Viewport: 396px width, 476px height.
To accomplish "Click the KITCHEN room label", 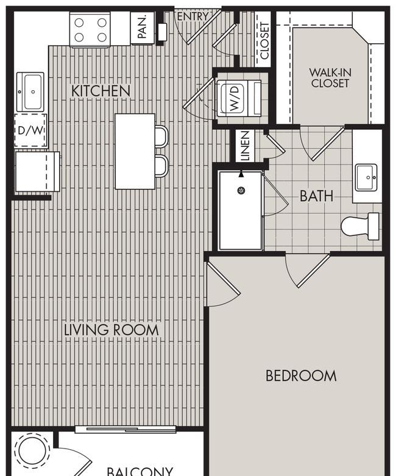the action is [x=101, y=91].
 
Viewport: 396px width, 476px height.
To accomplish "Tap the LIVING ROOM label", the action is [x=111, y=330].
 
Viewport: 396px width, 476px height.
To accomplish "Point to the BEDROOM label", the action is [x=301, y=376].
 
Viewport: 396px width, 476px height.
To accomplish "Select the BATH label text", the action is [x=317, y=196].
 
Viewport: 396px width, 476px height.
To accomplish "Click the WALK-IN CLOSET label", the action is [x=330, y=78].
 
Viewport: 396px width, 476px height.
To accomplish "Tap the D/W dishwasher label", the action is [x=30, y=130].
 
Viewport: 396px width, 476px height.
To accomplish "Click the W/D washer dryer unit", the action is [x=239, y=98].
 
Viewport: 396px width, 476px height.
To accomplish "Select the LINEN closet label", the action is [x=245, y=146].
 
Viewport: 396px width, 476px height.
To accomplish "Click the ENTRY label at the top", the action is [x=193, y=16].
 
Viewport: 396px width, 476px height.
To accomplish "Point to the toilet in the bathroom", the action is [x=360, y=226].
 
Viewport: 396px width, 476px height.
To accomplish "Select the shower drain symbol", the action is [x=241, y=191].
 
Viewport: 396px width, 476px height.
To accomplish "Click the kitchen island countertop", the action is [x=135, y=152].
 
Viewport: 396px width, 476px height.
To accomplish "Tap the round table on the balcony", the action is [x=31, y=451].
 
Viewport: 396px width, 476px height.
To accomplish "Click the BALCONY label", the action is [x=140, y=472].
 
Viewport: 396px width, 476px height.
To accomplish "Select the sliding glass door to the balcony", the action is [x=126, y=429].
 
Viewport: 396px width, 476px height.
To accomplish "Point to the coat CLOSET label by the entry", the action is [x=264, y=40].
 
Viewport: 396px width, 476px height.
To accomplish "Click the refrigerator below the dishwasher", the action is [x=38, y=171].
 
